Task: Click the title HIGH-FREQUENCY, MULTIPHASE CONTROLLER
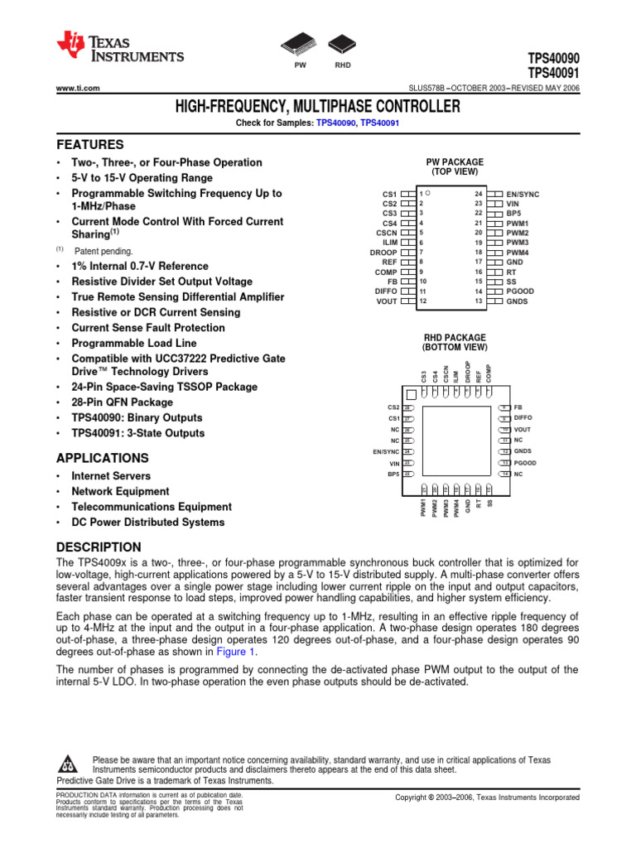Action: pos(317,107)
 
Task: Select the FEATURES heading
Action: pos(89,143)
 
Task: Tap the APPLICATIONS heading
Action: pos(102,458)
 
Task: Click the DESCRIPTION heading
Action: pos(98,547)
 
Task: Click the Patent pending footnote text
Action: pos(103,251)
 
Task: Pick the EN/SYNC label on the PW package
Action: pos(523,194)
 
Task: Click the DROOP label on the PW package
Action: pos(383,253)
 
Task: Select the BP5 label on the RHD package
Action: pos(393,474)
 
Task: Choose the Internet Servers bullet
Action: pos(111,476)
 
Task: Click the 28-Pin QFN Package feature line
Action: pos(122,402)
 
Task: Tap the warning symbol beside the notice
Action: pos(69,762)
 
